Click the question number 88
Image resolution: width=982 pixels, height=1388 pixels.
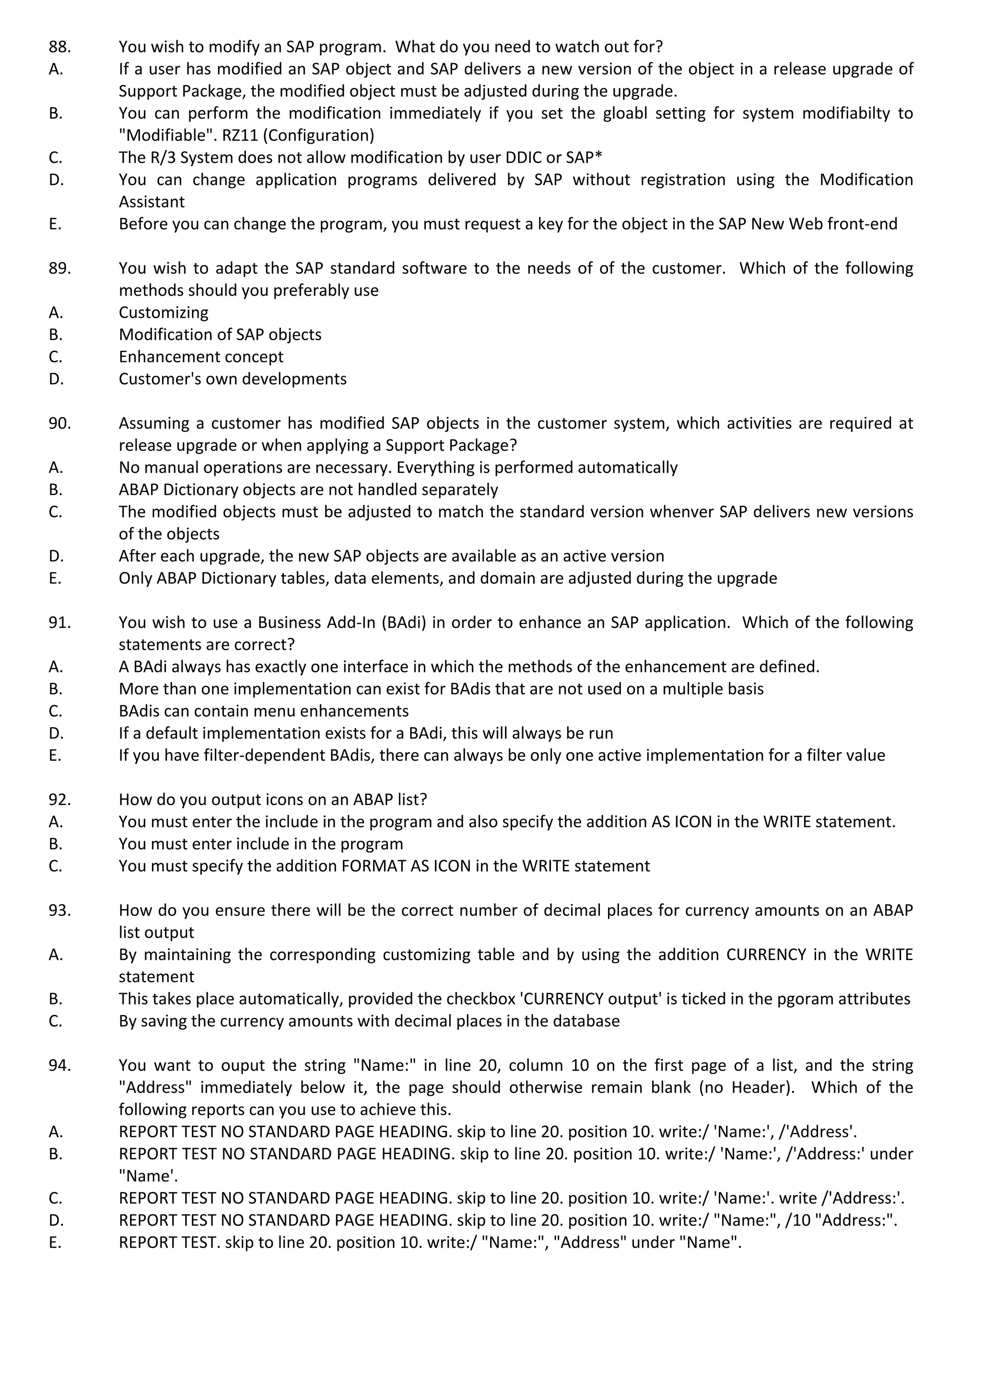point(59,46)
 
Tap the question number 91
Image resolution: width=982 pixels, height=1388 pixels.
point(59,622)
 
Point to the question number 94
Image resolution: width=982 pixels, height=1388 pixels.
point(59,1065)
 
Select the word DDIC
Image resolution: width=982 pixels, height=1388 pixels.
point(524,157)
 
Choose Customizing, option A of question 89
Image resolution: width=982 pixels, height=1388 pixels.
point(163,312)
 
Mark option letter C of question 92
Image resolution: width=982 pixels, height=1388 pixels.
point(55,866)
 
